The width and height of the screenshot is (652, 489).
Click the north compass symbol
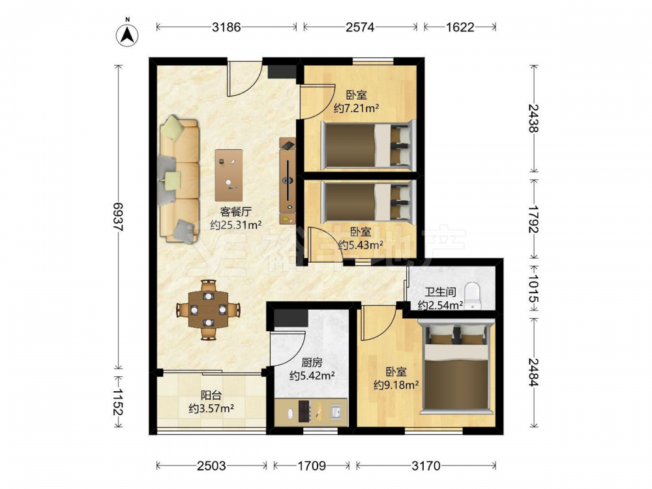(x=127, y=35)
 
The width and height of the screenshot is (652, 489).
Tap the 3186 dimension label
(x=226, y=27)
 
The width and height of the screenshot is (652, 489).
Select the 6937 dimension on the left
(x=119, y=217)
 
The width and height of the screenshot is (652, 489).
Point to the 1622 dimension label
(x=460, y=27)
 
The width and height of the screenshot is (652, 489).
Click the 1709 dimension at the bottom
(x=312, y=466)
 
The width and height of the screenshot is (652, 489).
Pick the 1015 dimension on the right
(x=534, y=289)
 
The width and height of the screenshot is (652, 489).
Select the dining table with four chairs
(x=209, y=309)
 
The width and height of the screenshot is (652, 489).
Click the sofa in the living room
(x=179, y=180)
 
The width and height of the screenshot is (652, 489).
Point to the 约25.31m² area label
(x=236, y=225)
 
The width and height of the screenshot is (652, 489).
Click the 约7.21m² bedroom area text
(x=357, y=108)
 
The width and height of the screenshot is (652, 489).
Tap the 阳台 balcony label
(x=211, y=395)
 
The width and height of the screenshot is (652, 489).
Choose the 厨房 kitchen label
(x=312, y=363)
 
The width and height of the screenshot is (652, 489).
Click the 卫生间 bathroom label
(x=440, y=292)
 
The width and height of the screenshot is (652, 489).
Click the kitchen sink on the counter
(x=336, y=411)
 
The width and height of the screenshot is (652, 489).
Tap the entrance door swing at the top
(x=244, y=79)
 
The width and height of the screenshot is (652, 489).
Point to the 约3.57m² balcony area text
(x=211, y=409)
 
